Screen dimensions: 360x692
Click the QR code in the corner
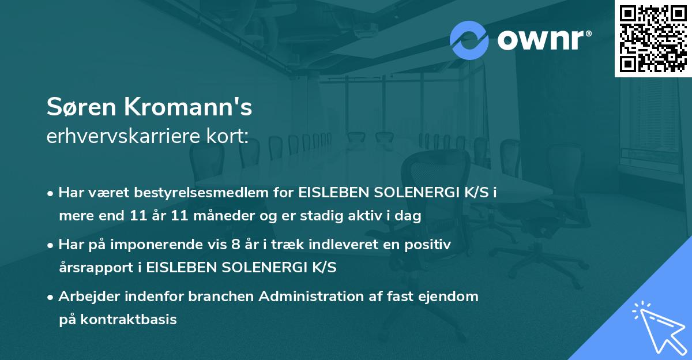[653, 38]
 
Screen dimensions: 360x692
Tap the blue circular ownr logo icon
[469, 40]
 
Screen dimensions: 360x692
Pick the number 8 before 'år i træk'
[235, 245]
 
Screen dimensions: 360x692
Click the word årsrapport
[95, 268]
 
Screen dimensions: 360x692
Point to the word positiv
[430, 245]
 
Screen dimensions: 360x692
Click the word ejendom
[451, 296]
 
